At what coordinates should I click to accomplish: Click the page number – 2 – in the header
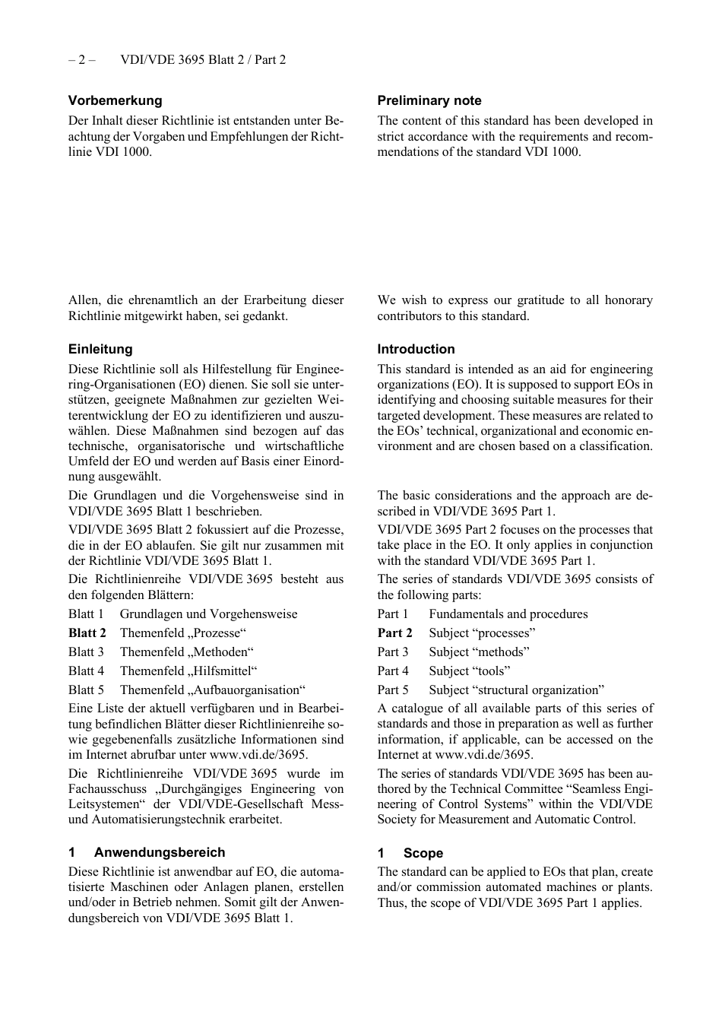[81, 59]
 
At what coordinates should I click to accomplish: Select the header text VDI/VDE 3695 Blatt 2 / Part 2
[203, 59]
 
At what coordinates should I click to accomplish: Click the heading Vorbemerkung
[115, 100]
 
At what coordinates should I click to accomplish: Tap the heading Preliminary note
[429, 100]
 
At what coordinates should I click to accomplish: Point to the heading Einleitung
[100, 350]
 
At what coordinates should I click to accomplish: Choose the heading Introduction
[416, 350]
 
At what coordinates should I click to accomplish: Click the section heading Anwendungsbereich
[160, 853]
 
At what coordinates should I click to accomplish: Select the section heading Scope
[423, 854]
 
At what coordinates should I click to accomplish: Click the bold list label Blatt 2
[87, 633]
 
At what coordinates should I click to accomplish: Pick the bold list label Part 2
[394, 633]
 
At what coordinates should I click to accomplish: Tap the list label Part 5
[393, 690]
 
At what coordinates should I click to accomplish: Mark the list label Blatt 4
[86, 671]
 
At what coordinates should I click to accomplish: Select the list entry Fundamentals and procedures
[508, 614]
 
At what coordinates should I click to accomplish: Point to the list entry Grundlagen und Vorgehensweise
[208, 614]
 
